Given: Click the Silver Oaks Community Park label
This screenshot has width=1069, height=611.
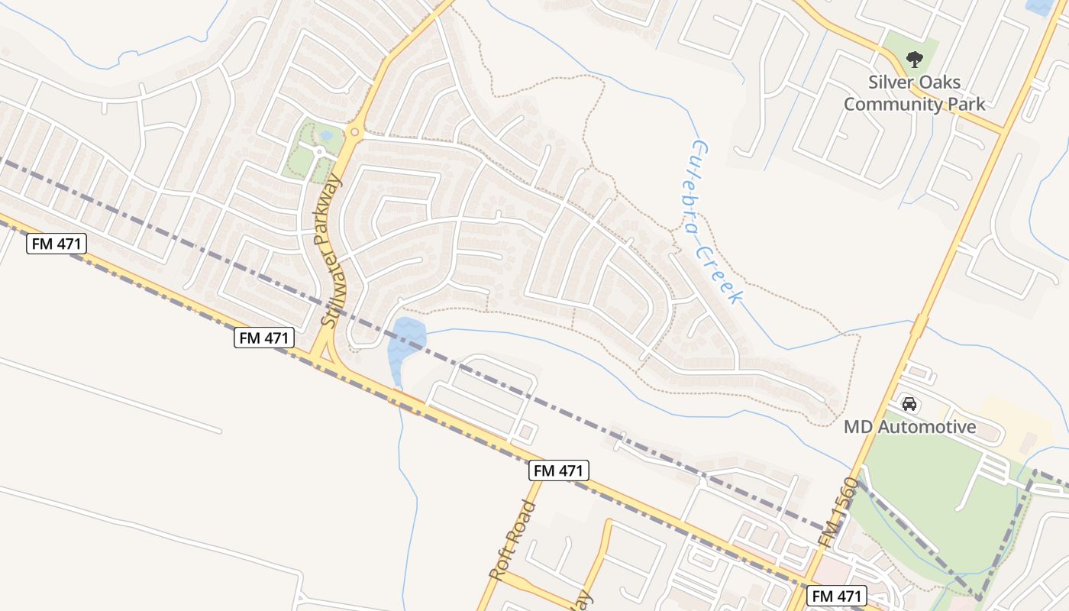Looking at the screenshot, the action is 914,92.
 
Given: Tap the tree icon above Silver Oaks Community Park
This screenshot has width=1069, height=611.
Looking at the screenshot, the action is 913,59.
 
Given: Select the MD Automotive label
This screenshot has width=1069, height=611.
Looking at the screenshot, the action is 909,427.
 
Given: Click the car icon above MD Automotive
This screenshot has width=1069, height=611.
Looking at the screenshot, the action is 909,403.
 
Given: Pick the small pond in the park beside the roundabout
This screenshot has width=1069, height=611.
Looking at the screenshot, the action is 327,136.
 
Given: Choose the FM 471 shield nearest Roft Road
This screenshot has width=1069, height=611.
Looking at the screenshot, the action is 559,470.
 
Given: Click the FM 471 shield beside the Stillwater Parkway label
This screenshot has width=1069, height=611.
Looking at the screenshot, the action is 264,338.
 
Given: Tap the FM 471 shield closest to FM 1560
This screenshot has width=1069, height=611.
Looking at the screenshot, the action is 837,596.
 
